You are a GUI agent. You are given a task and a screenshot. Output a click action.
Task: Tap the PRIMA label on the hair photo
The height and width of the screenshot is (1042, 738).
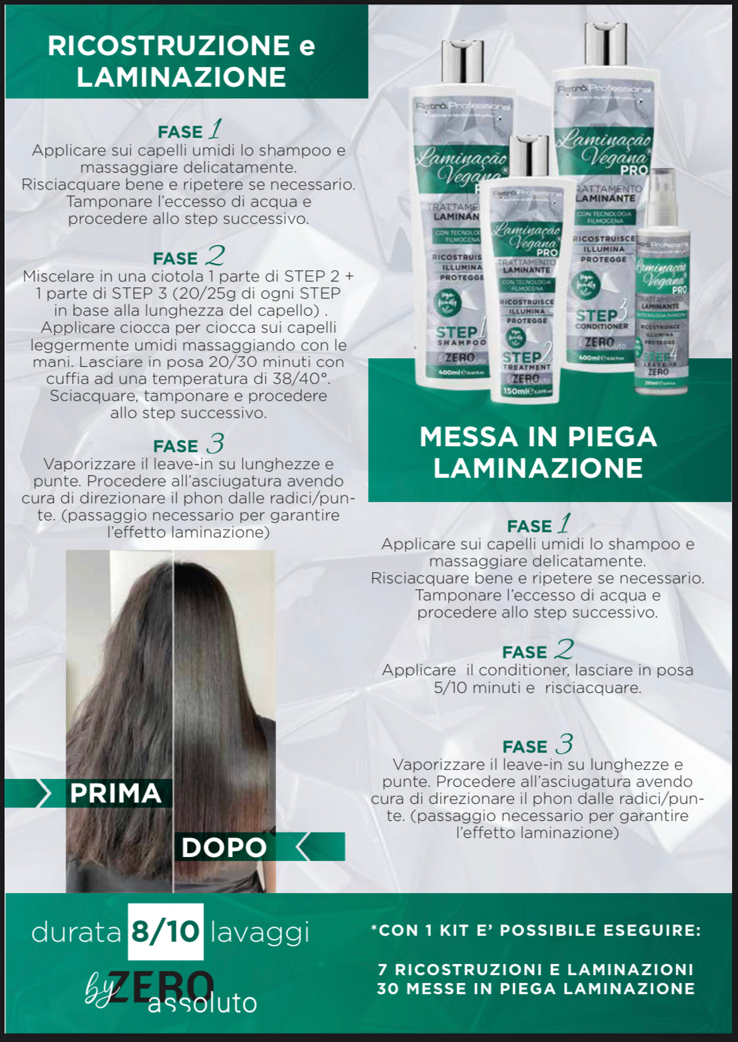tap(115, 793)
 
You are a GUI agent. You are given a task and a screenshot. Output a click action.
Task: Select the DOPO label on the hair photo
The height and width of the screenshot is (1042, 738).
tap(224, 847)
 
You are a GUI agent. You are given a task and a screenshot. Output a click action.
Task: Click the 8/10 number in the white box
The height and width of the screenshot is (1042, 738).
tap(165, 932)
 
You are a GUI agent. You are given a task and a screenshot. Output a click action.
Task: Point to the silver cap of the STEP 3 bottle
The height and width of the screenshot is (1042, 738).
tap(605, 43)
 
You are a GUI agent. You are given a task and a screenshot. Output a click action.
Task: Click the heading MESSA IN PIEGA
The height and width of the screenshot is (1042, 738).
tap(538, 437)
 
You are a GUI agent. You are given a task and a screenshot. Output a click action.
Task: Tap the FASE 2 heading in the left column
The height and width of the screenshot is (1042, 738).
tap(188, 258)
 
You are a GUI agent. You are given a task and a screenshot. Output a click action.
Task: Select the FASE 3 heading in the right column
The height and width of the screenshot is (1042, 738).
tap(537, 746)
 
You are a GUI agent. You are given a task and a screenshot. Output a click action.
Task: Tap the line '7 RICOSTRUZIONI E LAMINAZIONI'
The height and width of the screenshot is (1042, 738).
tap(536, 969)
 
